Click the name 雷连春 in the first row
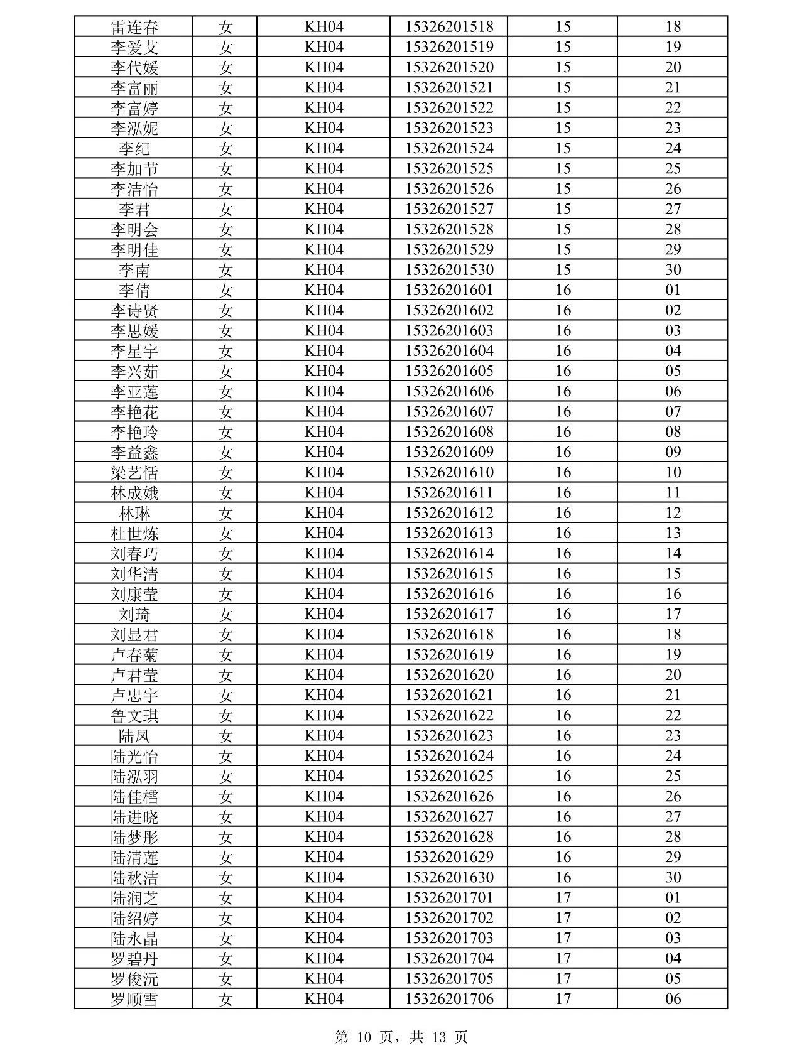(134, 27)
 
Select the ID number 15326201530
(449, 270)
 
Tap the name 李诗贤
(134, 311)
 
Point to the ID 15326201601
(449, 290)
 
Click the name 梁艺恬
(134, 473)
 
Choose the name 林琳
(134, 513)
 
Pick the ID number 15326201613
(449, 533)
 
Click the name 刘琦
(134, 614)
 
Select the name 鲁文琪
(134, 716)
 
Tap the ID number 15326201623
(449, 736)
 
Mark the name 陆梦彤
(134, 837)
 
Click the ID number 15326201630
(449, 877)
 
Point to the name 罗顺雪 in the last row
(134, 999)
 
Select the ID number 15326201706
(449, 999)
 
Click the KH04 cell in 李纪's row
(324, 148)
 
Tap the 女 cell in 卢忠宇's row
(225, 695)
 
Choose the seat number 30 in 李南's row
(673, 270)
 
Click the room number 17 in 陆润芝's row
(563, 898)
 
